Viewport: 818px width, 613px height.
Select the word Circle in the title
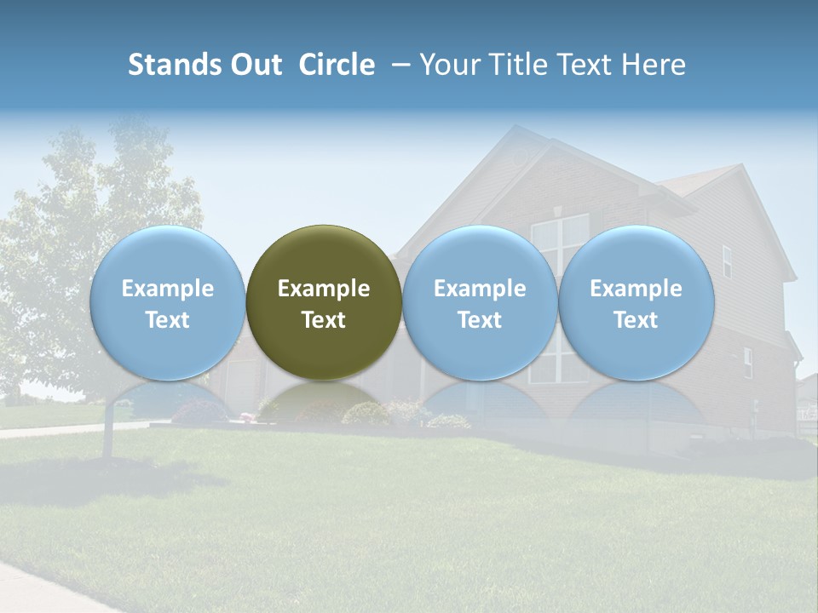click(337, 65)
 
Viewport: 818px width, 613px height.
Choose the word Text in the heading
click(588, 65)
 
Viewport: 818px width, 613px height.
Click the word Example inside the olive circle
click(324, 289)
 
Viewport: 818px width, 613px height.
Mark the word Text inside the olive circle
click(324, 320)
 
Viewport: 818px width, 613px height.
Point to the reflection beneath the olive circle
click(324, 400)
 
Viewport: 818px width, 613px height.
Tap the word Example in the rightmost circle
click(636, 289)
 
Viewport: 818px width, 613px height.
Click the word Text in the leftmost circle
click(167, 320)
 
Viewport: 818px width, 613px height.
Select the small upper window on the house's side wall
click(727, 261)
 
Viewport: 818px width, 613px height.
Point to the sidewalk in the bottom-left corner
click(43, 587)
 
